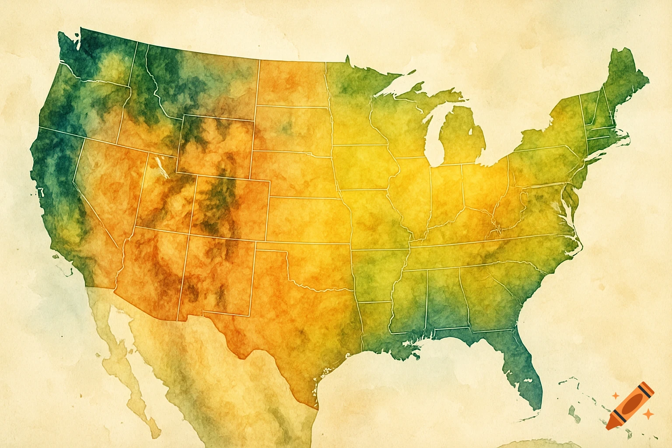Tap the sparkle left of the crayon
pyautogui.click(x=615, y=395)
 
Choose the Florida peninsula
pyautogui.click(x=523, y=367)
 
